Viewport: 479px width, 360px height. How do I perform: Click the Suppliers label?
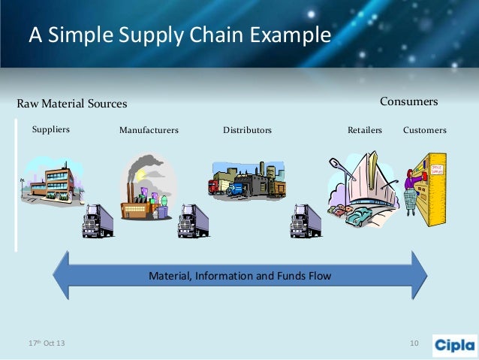50,129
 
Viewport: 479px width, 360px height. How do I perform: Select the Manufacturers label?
149,130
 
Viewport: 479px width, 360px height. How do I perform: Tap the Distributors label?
247,130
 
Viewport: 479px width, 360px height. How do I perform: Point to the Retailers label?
364,130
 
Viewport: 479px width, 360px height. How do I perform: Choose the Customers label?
424,130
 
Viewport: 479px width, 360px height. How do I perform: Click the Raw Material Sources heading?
72,103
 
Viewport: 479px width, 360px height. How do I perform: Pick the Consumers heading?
408,101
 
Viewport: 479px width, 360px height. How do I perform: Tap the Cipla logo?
454,344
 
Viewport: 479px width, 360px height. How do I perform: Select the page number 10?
414,343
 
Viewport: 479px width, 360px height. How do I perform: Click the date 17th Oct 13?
47,343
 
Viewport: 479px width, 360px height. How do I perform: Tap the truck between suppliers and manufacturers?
98,220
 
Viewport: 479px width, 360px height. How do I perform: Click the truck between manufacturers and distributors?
193,220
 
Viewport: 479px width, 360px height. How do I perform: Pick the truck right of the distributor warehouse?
306,220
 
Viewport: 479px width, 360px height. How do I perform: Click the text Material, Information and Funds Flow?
239,276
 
